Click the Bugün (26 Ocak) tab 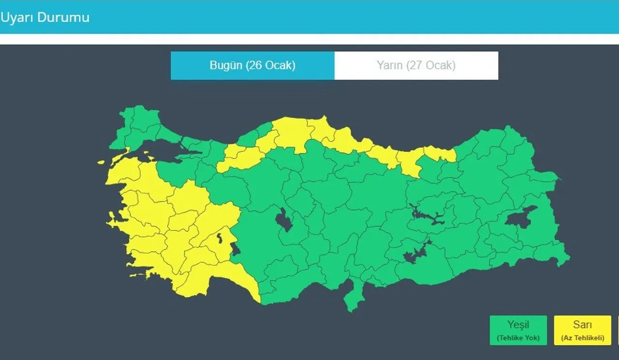(x=252, y=65)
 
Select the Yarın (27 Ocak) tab (x=416, y=65)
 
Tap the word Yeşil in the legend (x=518, y=325)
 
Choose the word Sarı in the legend (x=582, y=325)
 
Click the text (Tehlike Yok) (x=518, y=338)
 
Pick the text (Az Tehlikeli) (x=582, y=338)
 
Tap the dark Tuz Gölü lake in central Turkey (x=284, y=221)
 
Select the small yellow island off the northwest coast (x=101, y=163)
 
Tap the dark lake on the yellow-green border (x=236, y=250)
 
